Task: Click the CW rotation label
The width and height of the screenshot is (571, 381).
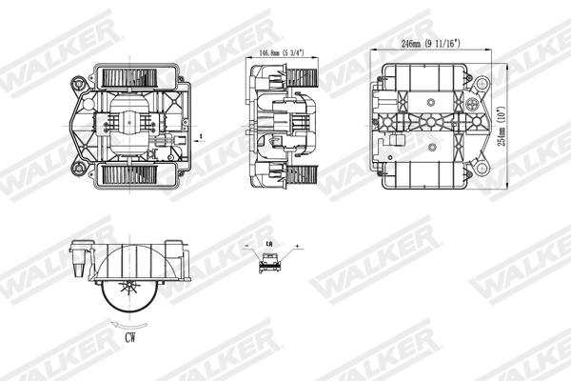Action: pos(129,335)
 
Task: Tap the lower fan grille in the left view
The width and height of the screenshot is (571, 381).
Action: pos(133,174)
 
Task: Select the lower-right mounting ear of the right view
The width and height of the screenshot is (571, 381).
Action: pos(482,169)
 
